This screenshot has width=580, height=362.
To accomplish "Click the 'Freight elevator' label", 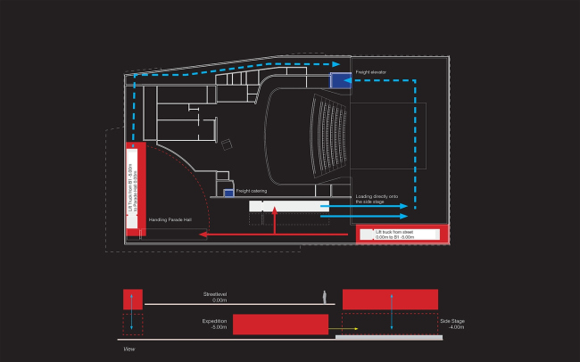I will pyautogui.click(x=370, y=71).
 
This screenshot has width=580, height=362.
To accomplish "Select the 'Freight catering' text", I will pyautogui.click(x=252, y=191).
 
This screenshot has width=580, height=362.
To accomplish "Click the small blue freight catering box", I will pyautogui.click(x=229, y=193).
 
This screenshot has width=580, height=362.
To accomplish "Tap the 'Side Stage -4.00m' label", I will pyautogui.click(x=452, y=324).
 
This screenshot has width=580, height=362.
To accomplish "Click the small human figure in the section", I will pyautogui.click(x=327, y=297).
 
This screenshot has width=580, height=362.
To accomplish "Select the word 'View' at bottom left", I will pyautogui.click(x=128, y=350).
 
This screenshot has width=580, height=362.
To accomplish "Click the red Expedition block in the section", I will pyautogui.click(x=280, y=324).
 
